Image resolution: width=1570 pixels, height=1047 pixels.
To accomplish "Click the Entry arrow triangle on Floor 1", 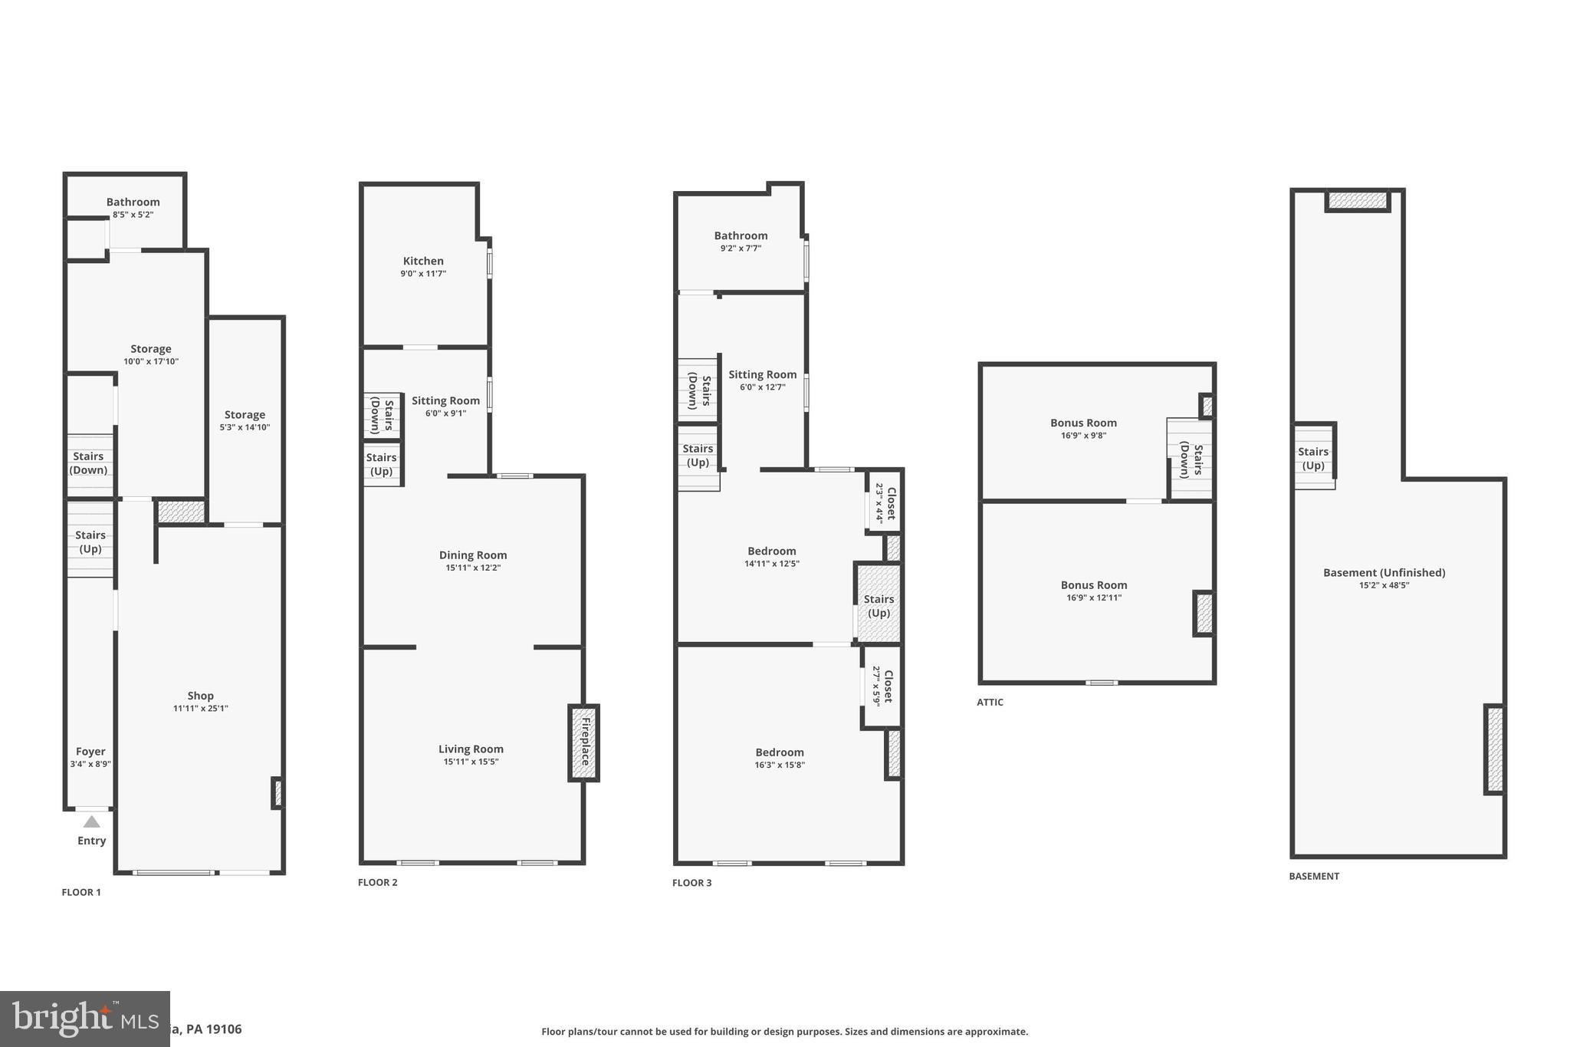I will pos(91,821).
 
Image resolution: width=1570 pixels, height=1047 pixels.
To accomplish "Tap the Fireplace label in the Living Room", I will pos(585,742).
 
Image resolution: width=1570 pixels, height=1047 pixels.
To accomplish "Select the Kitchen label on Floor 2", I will pos(423,261).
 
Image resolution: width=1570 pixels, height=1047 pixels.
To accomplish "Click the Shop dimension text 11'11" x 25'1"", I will pos(200,709).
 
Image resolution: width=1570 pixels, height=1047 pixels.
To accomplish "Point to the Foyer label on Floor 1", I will pos(90,752).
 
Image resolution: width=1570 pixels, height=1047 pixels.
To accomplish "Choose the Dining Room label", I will pos(473,555).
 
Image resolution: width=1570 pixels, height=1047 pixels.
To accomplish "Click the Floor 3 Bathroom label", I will pos(741,235).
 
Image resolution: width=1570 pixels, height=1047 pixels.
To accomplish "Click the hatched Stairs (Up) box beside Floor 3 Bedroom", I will pos(879,604).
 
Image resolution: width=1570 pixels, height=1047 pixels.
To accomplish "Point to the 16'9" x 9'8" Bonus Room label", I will pos(1083,423).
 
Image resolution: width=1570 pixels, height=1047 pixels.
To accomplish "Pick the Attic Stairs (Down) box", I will pos(1191,459).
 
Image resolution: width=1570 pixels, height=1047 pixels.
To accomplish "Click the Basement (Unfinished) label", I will pos(1384,572).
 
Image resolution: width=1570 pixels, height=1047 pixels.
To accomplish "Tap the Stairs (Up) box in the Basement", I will pos(1313,458).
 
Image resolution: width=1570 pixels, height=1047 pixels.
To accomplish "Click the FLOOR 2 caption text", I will pos(378,882).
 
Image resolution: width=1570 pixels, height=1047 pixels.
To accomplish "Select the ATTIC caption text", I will pos(990,702).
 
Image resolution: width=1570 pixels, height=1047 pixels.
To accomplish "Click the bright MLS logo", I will pos(84,1019).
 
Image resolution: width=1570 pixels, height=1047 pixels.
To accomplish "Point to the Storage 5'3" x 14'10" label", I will pos(245,415).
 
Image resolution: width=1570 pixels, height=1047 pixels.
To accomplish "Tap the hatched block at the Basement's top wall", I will pos(1358,200).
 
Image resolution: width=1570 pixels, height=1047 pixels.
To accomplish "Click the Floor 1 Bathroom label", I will pos(133,202).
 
